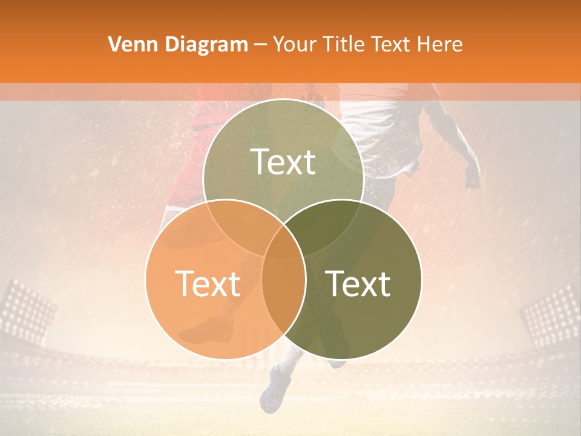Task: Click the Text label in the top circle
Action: (283, 162)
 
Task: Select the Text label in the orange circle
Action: (208, 283)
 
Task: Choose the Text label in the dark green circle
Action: (358, 283)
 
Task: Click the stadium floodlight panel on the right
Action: (551, 315)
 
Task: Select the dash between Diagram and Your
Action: (261, 44)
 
